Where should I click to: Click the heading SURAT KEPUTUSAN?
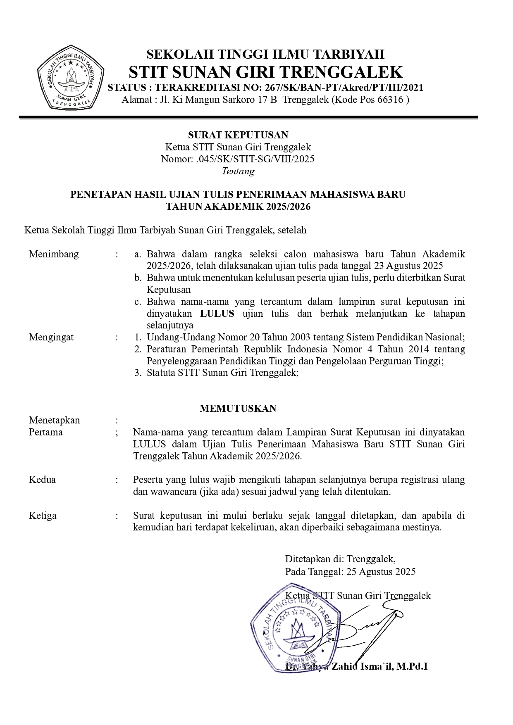point(238,135)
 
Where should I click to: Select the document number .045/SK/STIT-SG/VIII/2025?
point(255,159)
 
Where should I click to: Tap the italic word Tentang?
point(238,171)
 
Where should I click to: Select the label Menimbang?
point(54,254)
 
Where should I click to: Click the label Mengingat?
point(51,337)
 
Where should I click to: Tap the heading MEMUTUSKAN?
point(238,409)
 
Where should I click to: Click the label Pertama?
point(46,432)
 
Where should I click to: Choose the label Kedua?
point(42,480)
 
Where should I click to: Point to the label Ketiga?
point(43,516)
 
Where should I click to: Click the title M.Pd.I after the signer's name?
point(412,666)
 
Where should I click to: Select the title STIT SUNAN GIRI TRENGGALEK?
point(265,72)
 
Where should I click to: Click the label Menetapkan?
point(55,420)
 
